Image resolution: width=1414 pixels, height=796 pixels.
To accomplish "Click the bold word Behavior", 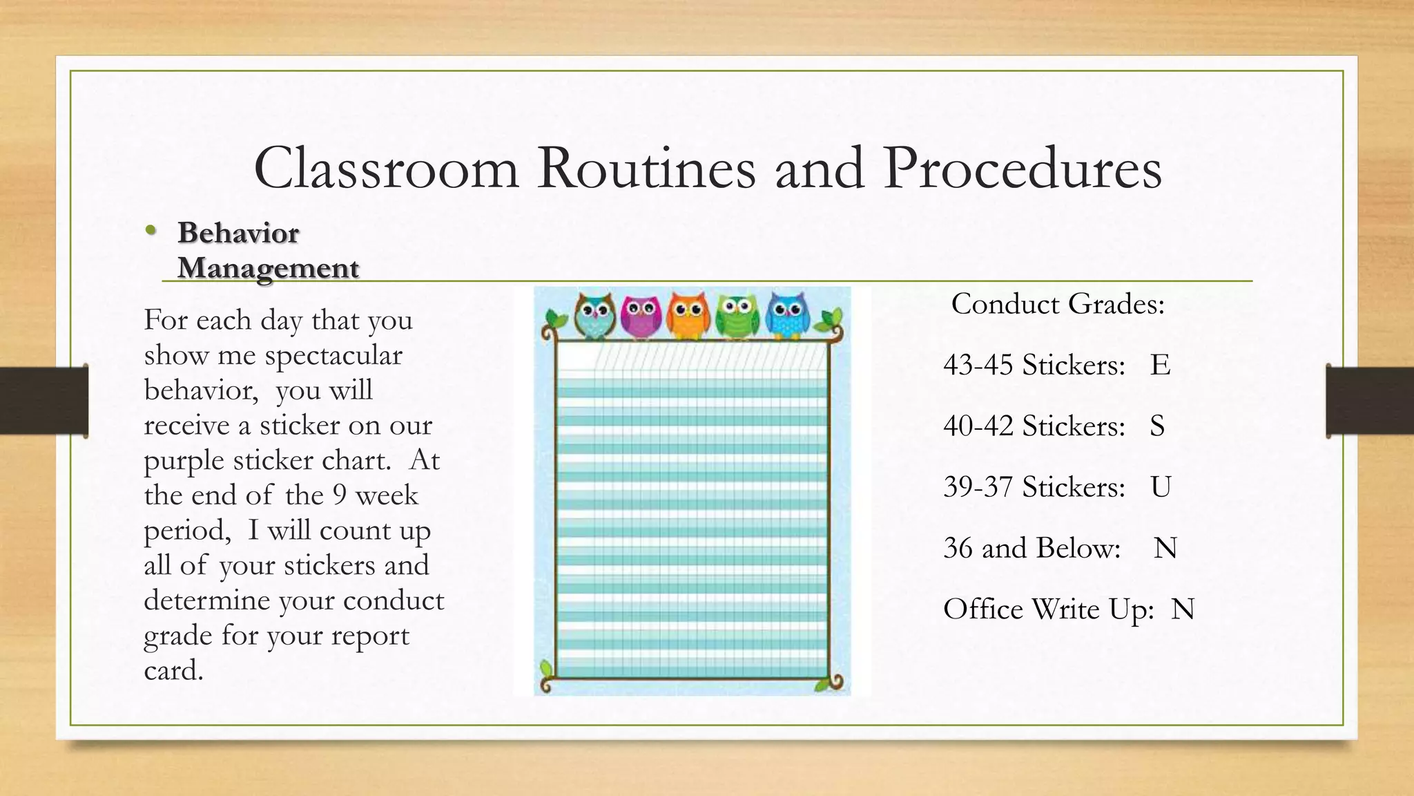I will (x=238, y=233).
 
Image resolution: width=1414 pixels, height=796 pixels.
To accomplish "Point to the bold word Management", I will (x=268, y=268).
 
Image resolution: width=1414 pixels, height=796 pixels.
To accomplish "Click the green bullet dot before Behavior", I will (x=151, y=232).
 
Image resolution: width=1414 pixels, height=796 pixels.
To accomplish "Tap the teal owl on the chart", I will (x=594, y=316).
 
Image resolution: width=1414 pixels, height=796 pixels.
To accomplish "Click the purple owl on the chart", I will (x=641, y=317).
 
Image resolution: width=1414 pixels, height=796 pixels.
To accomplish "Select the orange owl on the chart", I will (x=688, y=316).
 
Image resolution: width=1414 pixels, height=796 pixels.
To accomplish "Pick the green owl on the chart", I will (x=737, y=316).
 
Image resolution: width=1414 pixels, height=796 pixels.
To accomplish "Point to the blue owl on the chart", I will (x=786, y=316).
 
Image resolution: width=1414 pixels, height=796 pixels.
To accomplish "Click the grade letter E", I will (x=1160, y=365).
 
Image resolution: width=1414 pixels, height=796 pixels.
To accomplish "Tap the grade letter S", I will (x=1157, y=426).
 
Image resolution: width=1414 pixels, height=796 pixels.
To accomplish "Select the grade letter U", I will (x=1161, y=487).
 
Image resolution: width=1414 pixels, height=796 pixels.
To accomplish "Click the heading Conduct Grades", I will (x=1058, y=304).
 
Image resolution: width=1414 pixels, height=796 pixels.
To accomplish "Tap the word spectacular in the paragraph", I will (x=333, y=356).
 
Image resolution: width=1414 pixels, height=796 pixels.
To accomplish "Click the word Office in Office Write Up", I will (x=983, y=609).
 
